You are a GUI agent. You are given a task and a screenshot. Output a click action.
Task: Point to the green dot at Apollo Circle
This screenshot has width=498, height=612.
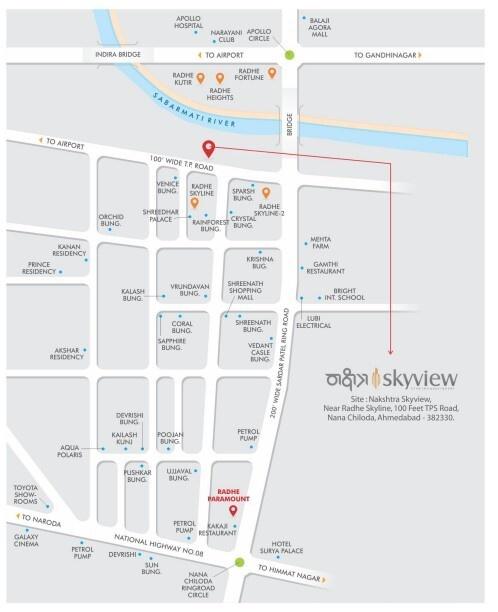coord(289,54)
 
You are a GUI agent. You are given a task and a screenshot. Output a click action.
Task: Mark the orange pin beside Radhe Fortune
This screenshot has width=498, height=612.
coord(271,73)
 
